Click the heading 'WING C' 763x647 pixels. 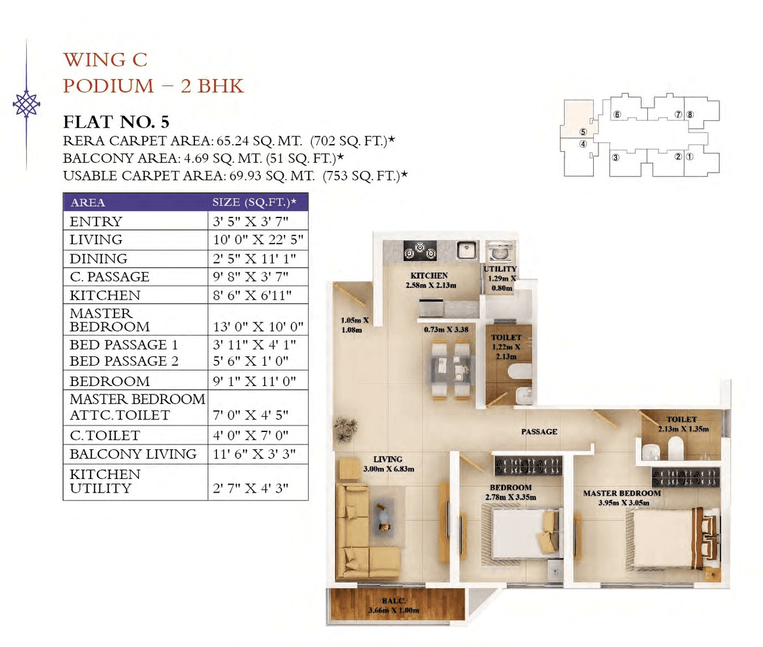coord(105,60)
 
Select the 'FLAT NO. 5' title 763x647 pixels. coord(116,122)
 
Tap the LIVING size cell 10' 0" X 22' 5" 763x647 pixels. coord(258,239)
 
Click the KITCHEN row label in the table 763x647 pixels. coord(105,295)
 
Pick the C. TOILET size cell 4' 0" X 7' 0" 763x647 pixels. coord(250,436)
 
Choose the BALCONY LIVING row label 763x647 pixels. coord(133,454)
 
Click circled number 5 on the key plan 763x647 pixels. coord(583,132)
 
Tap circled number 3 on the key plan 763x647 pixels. coord(615,158)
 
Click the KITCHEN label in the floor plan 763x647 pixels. coord(429,276)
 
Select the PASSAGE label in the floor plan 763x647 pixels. coord(539,431)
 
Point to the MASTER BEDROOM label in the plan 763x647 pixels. coord(622,493)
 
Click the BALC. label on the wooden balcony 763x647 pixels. coord(393,601)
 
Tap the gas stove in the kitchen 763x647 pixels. coord(420,251)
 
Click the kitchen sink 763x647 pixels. coord(467,250)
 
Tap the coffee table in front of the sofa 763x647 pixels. coord(382,517)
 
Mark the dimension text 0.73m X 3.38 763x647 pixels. coord(446,329)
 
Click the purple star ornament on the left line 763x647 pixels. coord(26,105)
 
